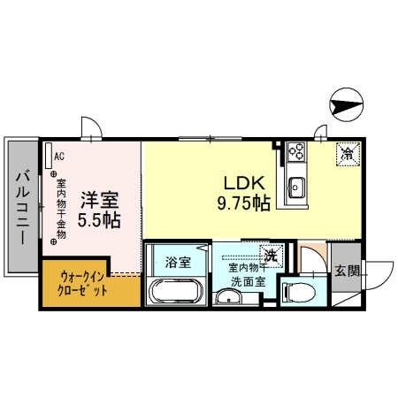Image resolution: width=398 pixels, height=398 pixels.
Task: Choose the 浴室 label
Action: (178, 262)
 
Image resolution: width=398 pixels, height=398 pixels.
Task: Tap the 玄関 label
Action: (348, 272)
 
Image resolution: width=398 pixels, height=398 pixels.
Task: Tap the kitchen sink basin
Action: (295, 187)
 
